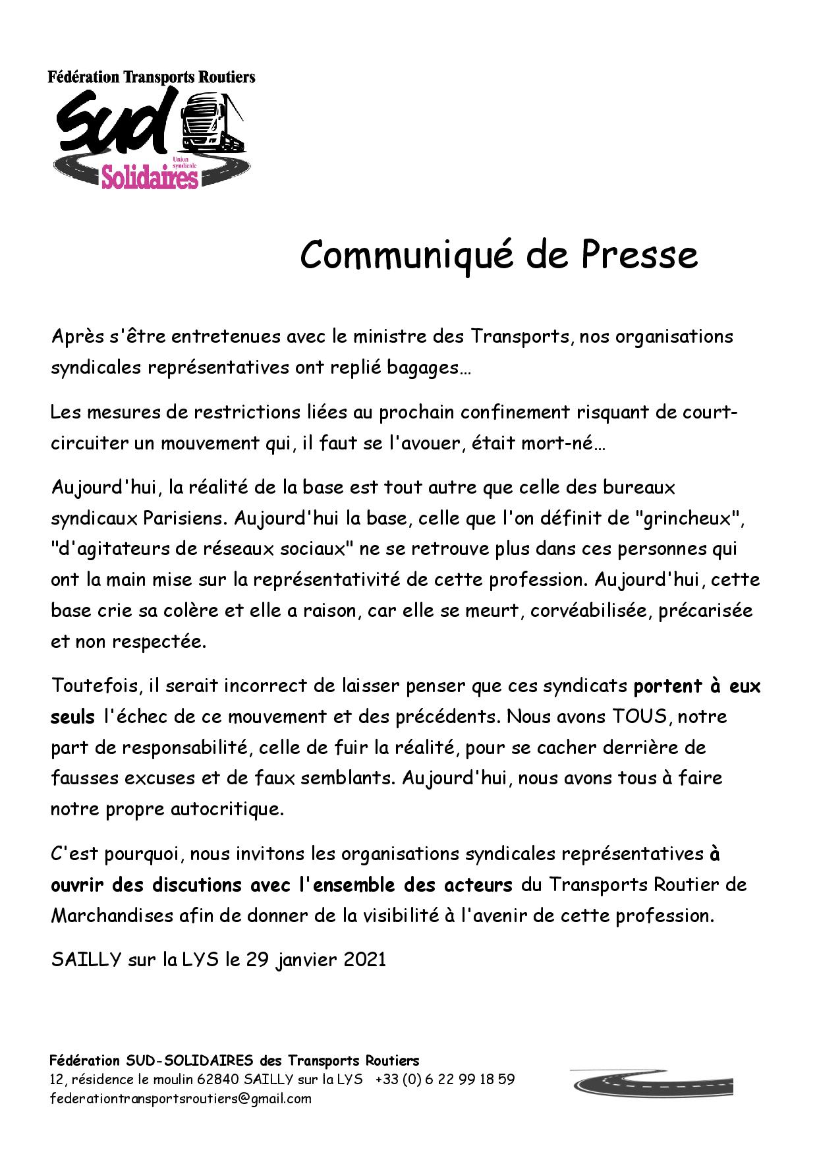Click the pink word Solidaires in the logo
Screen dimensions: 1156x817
coord(150,177)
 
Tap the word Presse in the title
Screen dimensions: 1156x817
coord(638,254)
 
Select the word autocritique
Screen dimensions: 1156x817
coord(227,809)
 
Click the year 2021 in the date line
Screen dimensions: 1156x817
coord(364,960)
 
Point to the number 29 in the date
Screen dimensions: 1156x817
coord(258,960)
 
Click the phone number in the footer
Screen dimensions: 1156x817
coord(445,1080)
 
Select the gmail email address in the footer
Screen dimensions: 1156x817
coord(181,1099)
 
